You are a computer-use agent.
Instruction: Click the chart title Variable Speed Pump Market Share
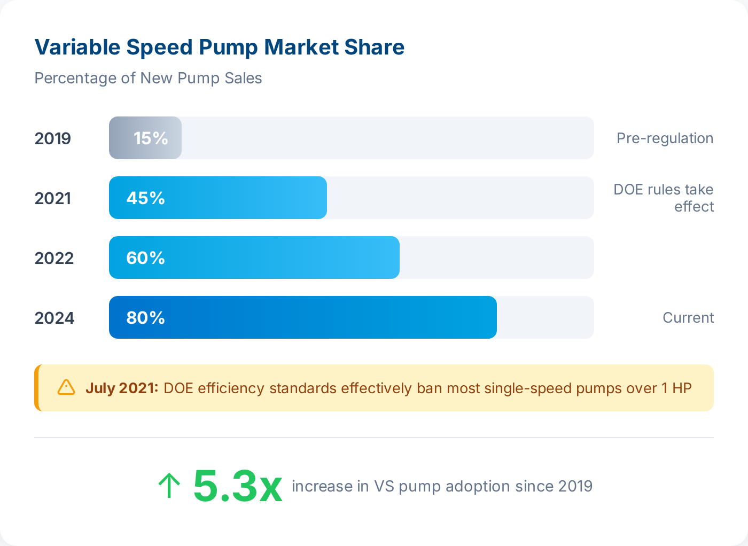click(x=219, y=48)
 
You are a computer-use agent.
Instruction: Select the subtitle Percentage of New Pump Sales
click(x=148, y=78)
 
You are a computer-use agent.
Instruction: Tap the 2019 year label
click(x=52, y=138)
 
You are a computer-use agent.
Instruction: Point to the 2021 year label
click(x=52, y=198)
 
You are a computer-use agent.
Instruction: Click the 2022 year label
click(x=53, y=258)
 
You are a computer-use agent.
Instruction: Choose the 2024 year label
click(x=54, y=318)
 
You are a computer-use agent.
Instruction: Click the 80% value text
click(x=145, y=318)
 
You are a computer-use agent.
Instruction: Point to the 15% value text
click(x=151, y=138)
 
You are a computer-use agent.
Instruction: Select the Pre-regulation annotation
click(x=665, y=138)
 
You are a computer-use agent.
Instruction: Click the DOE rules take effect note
click(x=664, y=198)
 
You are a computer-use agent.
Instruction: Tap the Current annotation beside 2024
click(x=688, y=318)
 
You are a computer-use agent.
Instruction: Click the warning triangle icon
click(x=66, y=387)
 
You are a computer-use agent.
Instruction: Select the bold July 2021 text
click(x=122, y=388)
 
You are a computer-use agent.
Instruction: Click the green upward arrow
click(x=169, y=486)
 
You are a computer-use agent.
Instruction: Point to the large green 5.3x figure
click(x=237, y=486)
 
